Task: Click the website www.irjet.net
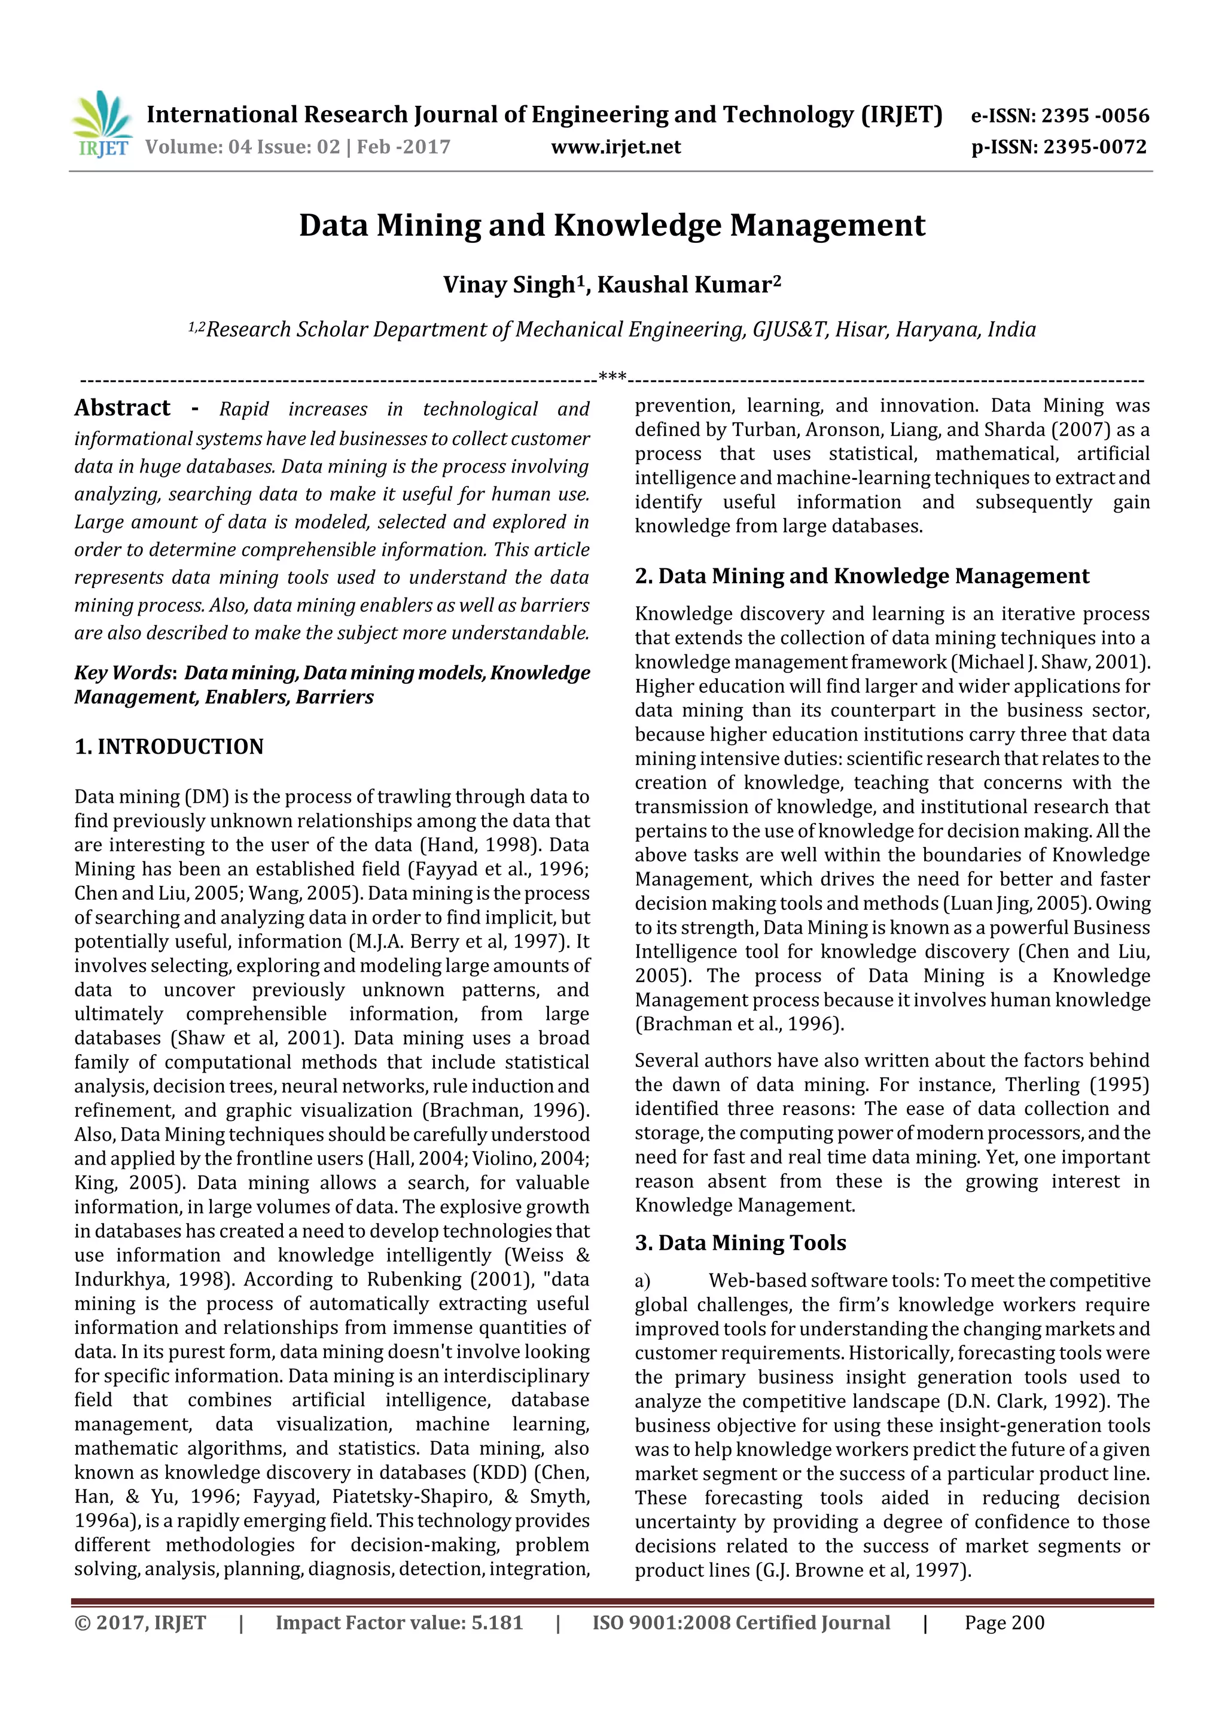616,147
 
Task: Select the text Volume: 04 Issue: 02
243,147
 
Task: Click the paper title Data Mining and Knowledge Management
611,226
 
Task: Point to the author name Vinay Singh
508,285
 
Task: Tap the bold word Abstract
122,409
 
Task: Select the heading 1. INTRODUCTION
169,747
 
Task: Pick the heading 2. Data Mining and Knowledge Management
861,576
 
